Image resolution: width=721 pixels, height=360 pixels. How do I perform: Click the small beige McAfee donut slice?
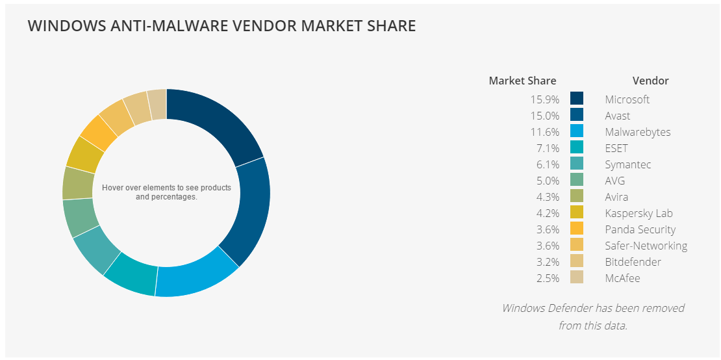click(157, 105)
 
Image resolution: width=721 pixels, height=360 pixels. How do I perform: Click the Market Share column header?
click(522, 81)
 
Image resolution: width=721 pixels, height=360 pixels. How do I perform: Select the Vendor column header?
click(650, 81)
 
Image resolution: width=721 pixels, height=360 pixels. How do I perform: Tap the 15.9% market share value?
click(544, 99)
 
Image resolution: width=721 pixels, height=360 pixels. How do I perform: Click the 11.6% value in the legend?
click(544, 132)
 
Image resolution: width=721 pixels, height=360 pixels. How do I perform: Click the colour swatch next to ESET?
click(576, 148)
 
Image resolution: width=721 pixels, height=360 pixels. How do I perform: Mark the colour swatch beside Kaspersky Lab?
click(576, 213)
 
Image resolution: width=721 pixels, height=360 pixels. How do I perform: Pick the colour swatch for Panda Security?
click(576, 229)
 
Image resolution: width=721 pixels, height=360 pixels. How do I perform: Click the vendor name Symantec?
click(627, 164)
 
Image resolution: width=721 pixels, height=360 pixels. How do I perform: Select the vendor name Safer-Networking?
click(646, 246)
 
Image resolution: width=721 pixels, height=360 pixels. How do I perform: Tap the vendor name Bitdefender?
click(633, 262)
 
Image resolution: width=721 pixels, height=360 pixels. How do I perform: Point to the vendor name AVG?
click(614, 181)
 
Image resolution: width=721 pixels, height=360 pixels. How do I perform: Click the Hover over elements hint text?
click(166, 192)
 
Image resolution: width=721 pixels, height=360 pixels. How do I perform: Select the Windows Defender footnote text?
click(592, 316)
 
